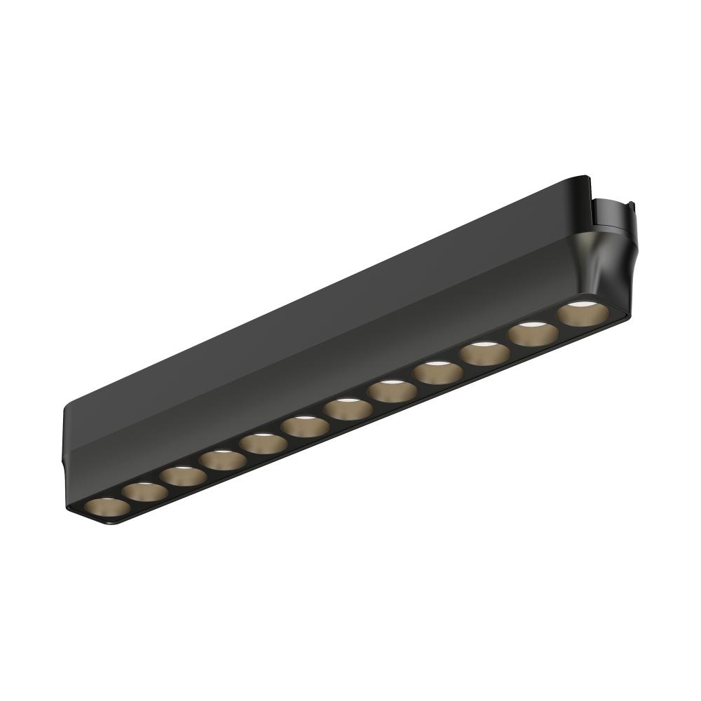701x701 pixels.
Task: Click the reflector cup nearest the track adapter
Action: [581, 313]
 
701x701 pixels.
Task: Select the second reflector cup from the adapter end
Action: [533, 333]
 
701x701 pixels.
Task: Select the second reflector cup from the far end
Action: [145, 492]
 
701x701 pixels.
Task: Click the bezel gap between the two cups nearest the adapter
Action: [557, 324]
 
